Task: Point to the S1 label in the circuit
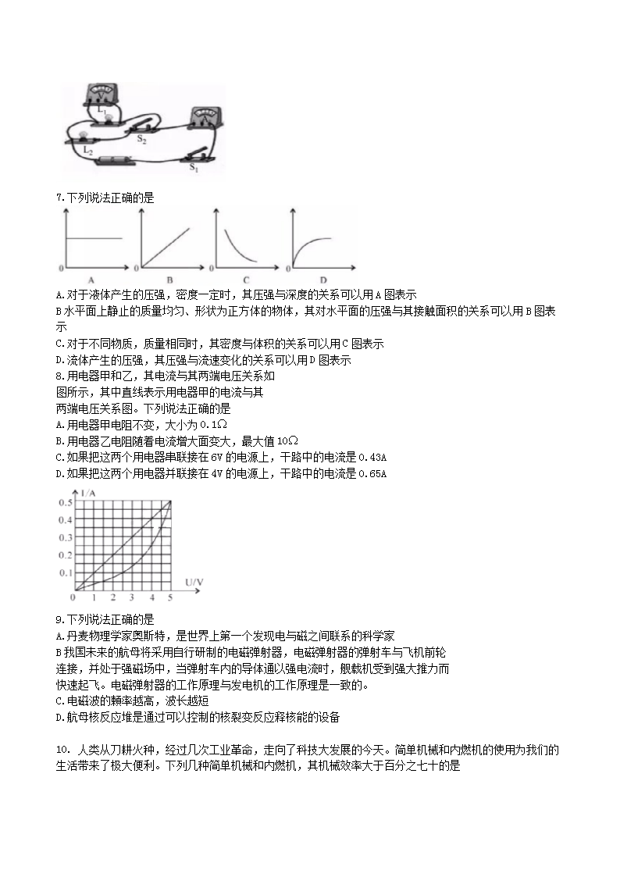194,167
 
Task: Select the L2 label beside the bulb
88,149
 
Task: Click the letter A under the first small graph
91,279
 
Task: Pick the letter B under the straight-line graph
169,279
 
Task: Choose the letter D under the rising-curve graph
322,279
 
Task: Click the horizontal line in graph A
94,237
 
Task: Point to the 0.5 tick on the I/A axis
65,501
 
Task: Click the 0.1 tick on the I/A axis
65,573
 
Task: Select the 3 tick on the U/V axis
131,597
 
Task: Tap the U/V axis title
194,582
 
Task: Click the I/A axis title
89,493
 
